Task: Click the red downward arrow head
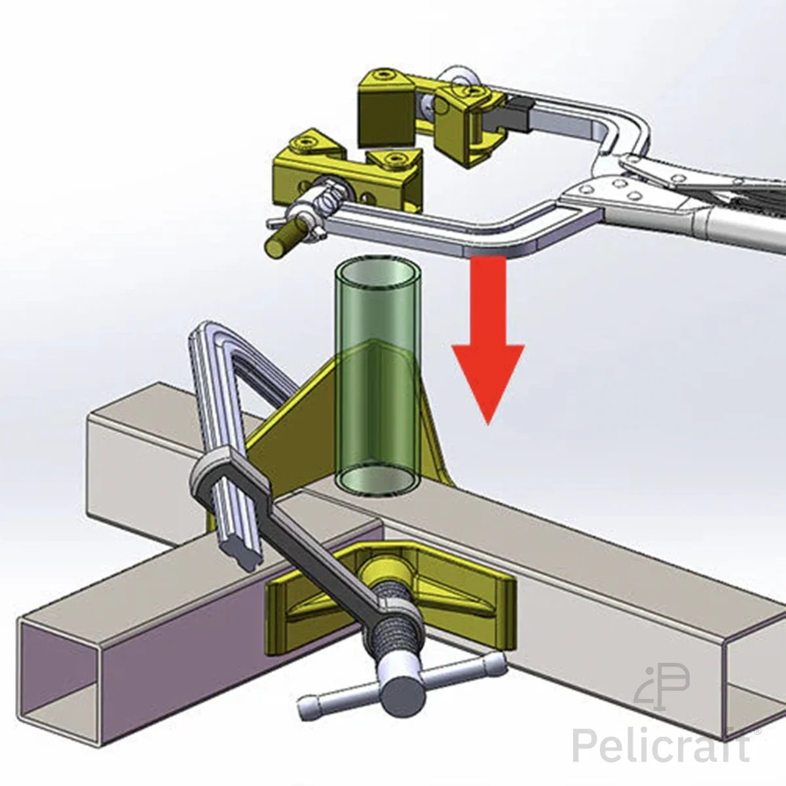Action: coord(488,379)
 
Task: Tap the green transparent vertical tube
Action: coord(377,379)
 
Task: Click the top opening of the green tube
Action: coord(377,274)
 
